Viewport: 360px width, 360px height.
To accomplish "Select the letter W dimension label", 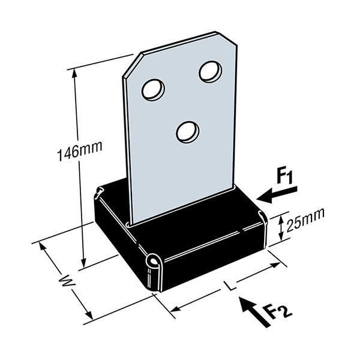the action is tap(67, 282).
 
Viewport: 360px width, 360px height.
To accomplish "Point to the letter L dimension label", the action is tap(230, 286).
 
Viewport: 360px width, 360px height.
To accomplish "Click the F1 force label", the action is tap(284, 177).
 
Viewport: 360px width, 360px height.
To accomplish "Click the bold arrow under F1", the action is tap(277, 195).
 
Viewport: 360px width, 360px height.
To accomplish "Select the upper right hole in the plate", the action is tap(211, 71).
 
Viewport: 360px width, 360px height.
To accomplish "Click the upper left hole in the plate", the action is tap(153, 89).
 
